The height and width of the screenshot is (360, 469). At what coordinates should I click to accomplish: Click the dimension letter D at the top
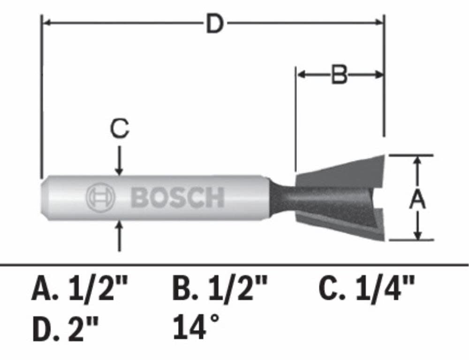(x=214, y=24)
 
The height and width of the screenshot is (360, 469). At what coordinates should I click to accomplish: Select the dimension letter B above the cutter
(x=340, y=75)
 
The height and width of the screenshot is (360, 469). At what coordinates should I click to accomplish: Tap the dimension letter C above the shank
(x=120, y=129)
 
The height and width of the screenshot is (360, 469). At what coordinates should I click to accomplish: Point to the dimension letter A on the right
(x=417, y=199)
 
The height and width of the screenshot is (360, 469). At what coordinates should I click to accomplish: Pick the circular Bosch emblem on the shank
(x=100, y=197)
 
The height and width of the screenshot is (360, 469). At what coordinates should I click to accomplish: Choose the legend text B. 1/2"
(x=219, y=289)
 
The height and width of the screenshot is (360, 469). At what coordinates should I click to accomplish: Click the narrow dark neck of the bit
(x=281, y=197)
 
